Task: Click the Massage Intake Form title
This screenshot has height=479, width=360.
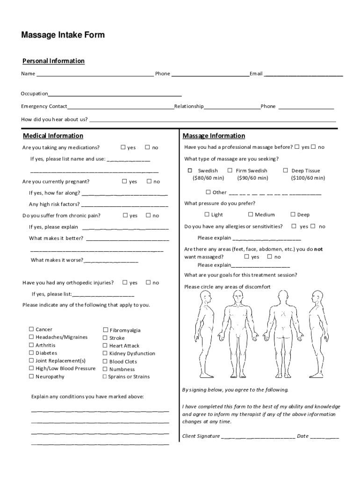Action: pyautogui.click(x=63, y=35)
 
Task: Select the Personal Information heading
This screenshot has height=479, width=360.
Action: pyautogui.click(x=54, y=61)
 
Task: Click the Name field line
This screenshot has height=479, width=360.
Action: pyautogui.click(x=95, y=74)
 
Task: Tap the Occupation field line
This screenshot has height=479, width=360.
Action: pyautogui.click(x=115, y=94)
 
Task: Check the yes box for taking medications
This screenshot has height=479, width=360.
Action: pyautogui.click(x=123, y=147)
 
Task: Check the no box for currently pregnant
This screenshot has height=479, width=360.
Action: pyautogui.click(x=149, y=181)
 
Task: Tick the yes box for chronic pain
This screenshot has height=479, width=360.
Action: pyautogui.click(x=125, y=215)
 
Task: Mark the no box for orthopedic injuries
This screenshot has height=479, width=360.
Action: pyautogui.click(x=148, y=282)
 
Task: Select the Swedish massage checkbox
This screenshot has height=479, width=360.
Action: pyautogui.click(x=190, y=170)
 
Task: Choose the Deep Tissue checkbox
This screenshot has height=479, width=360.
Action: pyautogui.click(x=285, y=170)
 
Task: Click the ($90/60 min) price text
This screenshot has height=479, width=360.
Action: pyautogui.click(x=252, y=178)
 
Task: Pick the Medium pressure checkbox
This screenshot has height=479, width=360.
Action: pyautogui.click(x=250, y=214)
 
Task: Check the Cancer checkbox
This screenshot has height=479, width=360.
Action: pyautogui.click(x=31, y=329)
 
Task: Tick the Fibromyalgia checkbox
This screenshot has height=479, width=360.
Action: pyautogui.click(x=105, y=330)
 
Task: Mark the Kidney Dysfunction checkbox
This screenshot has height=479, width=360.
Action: pyautogui.click(x=105, y=353)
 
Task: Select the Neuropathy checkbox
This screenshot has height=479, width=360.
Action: pyautogui.click(x=31, y=376)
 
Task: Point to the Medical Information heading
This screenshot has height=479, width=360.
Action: pyautogui.click(x=53, y=136)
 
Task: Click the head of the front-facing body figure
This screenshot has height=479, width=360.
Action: pyautogui.click(x=239, y=297)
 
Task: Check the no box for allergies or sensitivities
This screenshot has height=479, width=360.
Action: pyautogui.click(x=314, y=226)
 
